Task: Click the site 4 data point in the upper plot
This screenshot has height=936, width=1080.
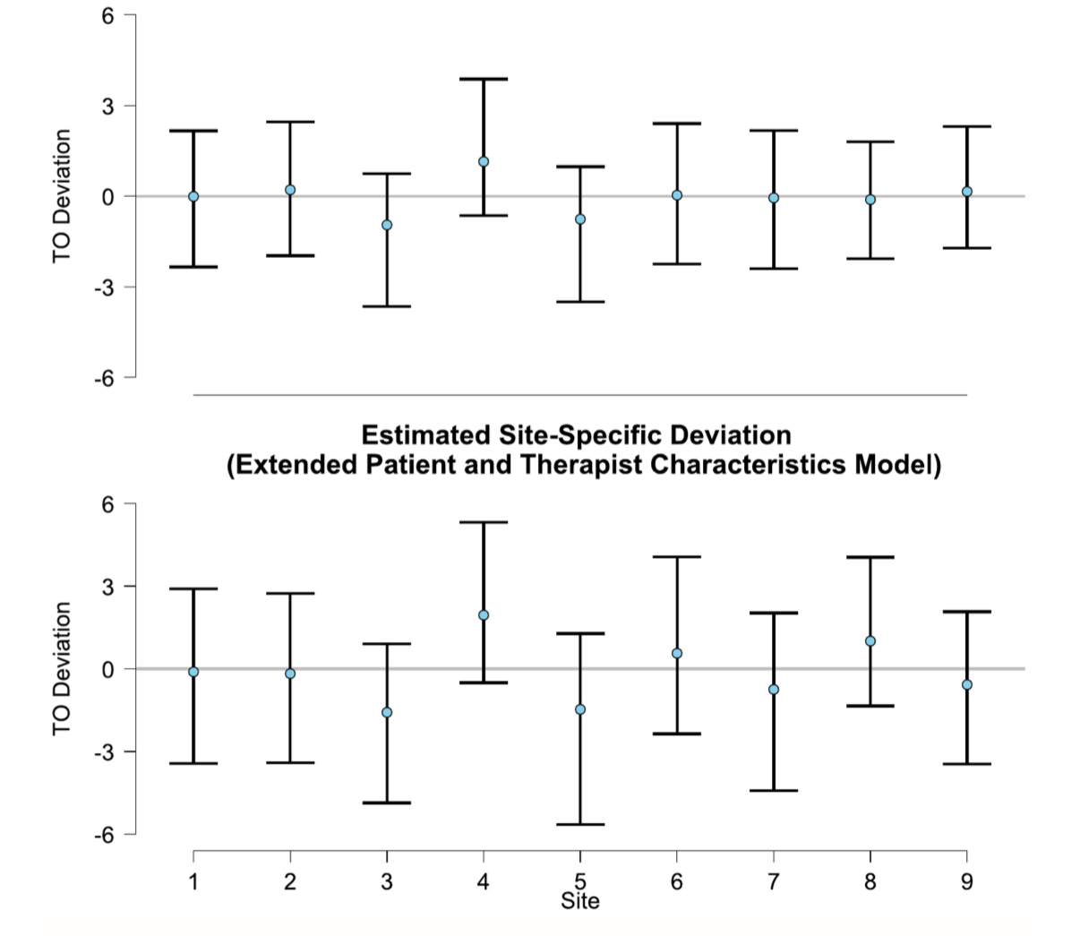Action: click(484, 162)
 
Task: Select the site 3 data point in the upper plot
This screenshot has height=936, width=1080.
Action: click(387, 225)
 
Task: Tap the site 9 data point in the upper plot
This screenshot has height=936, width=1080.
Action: click(967, 192)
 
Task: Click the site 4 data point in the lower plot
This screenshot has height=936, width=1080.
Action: click(484, 615)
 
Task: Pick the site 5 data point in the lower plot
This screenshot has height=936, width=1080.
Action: click(580, 709)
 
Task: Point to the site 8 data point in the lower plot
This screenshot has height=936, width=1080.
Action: click(870, 641)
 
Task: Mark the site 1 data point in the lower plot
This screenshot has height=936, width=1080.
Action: click(193, 672)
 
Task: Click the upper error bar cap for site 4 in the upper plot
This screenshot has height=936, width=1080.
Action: click(484, 79)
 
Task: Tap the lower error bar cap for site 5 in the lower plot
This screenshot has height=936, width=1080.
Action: click(580, 824)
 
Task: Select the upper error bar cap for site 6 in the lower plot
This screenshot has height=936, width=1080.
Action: click(677, 557)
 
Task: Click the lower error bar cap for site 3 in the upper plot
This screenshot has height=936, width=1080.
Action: click(387, 306)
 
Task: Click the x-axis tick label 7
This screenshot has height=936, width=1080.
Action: click(774, 882)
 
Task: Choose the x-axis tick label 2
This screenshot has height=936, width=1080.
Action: click(290, 882)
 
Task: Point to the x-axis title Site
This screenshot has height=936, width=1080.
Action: click(580, 901)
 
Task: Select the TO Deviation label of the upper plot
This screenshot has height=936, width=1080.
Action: click(62, 195)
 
